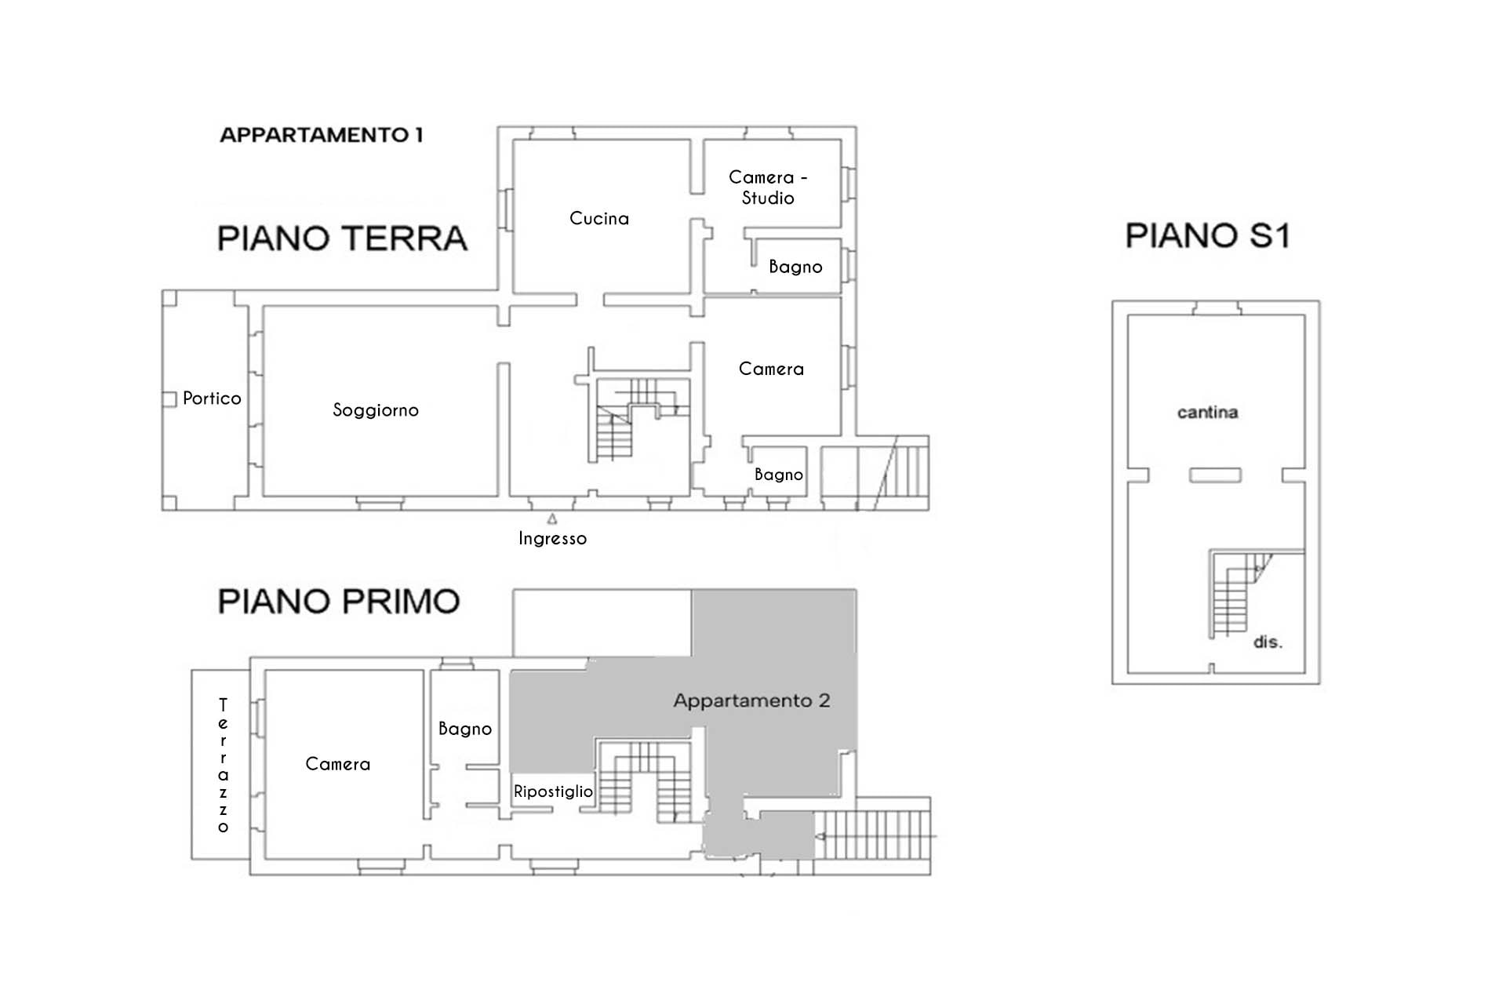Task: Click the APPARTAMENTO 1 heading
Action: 322,135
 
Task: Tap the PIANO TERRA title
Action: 342,238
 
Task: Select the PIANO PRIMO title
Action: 339,602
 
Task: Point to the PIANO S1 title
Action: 1207,235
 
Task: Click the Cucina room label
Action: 599,218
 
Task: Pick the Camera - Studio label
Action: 768,187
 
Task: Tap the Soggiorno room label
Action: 376,409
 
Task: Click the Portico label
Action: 212,398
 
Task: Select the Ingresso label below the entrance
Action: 552,539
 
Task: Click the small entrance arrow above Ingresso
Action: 552,519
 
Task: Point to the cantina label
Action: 1207,413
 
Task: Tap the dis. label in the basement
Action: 1268,642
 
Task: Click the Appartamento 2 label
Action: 751,700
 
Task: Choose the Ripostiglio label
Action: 553,791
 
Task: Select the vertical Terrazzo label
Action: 224,766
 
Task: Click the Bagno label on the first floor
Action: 465,729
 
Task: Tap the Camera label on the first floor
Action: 337,764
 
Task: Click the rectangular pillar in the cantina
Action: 1215,475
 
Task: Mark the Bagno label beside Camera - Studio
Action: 795,267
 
